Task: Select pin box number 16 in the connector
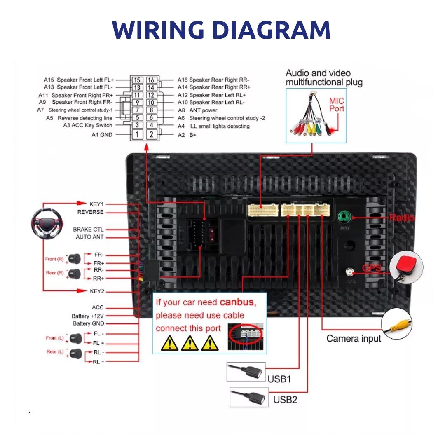[151, 80]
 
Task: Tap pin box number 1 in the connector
[137, 134]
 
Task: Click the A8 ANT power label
[203, 110]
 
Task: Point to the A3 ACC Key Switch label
[87, 125]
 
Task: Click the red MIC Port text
[336, 105]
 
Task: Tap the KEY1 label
[96, 204]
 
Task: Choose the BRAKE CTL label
[88, 229]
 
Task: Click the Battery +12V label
[88, 316]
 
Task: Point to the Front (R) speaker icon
[75, 259]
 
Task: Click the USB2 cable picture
[248, 398]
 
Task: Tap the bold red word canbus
[238, 302]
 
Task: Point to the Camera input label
[354, 338]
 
